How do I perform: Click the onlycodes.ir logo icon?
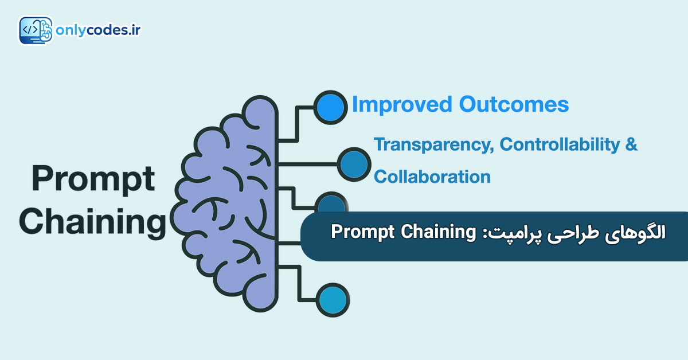click(36, 30)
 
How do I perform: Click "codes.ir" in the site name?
click(114, 30)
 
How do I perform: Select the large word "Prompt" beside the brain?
click(93, 179)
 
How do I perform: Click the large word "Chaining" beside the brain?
click(92, 222)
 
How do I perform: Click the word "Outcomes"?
click(514, 104)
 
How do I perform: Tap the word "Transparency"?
click(433, 144)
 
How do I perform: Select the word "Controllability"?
click(560, 144)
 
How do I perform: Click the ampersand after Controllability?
click(631, 144)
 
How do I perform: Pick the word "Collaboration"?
click(432, 177)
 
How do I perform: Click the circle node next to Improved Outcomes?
click(330, 107)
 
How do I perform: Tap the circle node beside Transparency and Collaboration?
click(354, 165)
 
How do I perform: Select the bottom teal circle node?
click(333, 300)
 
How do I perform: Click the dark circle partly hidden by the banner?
click(332, 202)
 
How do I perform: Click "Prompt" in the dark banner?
click(362, 232)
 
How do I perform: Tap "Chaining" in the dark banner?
click(438, 232)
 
